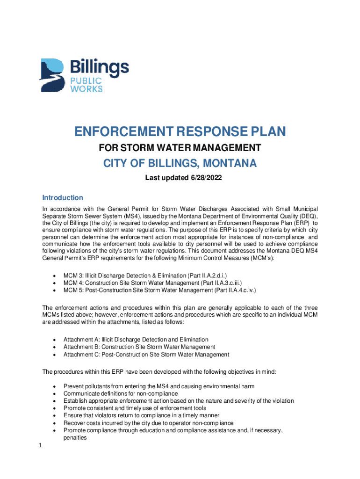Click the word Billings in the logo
[99, 68]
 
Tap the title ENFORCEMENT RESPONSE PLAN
[180, 132]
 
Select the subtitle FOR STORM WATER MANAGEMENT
[180, 149]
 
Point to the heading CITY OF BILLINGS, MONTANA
[180, 164]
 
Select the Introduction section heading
[63, 197]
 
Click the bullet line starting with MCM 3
[145, 276]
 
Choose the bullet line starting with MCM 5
[159, 290]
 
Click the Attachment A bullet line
[136, 339]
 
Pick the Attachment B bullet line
[139, 347]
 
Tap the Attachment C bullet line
[146, 354]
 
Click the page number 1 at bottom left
[41, 446]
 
